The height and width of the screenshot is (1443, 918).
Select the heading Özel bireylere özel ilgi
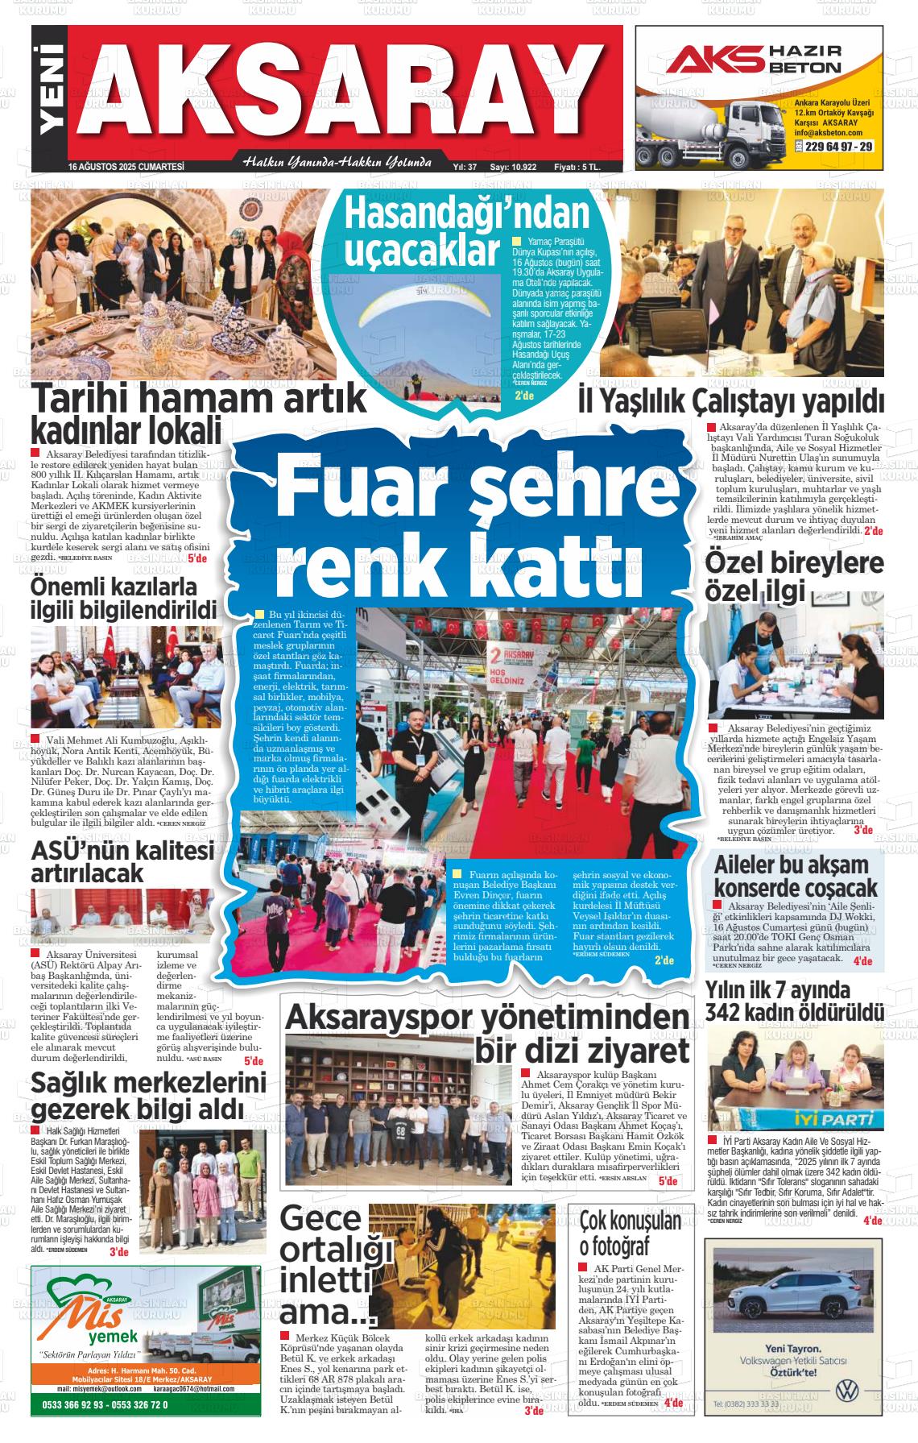click(794, 577)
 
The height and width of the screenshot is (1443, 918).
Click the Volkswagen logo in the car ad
click(844, 1391)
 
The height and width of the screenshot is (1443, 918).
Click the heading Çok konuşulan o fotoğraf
click(631, 1234)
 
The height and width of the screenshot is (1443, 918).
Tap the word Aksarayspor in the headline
click(378, 1017)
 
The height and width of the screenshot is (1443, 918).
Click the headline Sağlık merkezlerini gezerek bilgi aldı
click(148, 1097)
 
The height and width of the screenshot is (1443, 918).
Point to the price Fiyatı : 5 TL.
click(577, 168)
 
